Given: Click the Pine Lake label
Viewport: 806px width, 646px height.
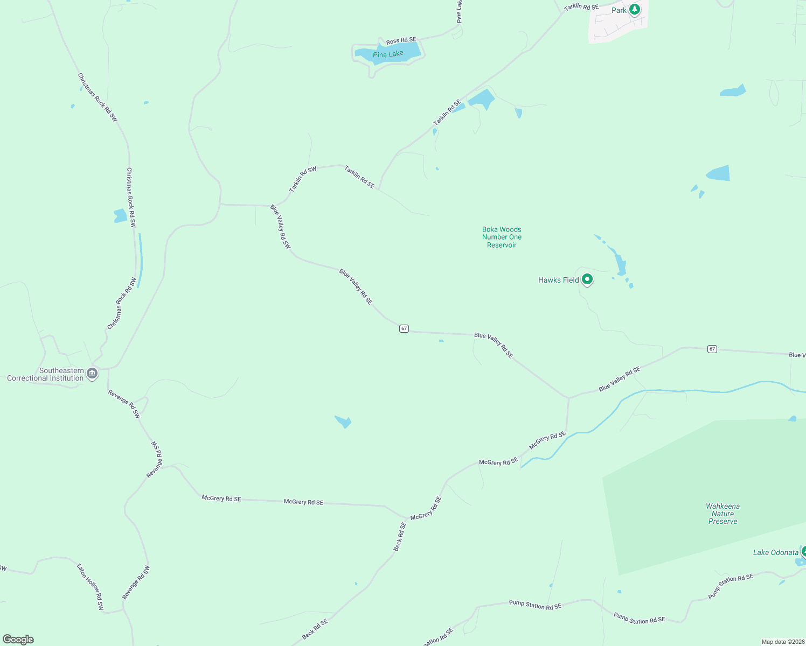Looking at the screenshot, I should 388,54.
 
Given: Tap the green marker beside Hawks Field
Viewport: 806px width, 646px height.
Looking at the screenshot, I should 587,279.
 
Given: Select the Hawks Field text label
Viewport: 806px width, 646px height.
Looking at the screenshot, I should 558,280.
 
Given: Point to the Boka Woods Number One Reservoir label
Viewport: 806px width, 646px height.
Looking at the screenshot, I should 502,237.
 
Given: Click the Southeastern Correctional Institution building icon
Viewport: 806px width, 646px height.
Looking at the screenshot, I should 92,373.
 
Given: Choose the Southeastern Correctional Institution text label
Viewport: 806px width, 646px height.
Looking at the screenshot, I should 45,374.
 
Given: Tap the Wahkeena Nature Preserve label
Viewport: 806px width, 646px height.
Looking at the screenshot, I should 722,514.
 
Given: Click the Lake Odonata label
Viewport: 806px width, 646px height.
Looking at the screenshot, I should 775,552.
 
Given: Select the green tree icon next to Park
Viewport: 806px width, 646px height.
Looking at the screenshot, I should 635,9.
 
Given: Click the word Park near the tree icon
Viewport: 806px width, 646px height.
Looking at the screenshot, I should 619,10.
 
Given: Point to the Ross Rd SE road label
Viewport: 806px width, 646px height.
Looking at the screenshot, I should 401,40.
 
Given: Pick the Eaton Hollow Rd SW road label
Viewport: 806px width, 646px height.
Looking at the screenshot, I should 89,586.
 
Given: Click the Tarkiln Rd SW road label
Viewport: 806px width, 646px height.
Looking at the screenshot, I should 303,179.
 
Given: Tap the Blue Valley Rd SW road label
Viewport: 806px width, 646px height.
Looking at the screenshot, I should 280,227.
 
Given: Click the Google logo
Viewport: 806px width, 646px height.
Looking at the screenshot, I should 18,640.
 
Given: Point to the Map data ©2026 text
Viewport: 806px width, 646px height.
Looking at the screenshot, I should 782,642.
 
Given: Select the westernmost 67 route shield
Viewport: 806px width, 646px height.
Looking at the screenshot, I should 404,328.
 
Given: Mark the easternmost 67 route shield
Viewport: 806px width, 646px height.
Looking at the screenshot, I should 712,349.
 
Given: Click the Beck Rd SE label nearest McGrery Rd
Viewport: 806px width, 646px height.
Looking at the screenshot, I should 399,537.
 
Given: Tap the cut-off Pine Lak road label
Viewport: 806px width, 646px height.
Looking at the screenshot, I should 459,11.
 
